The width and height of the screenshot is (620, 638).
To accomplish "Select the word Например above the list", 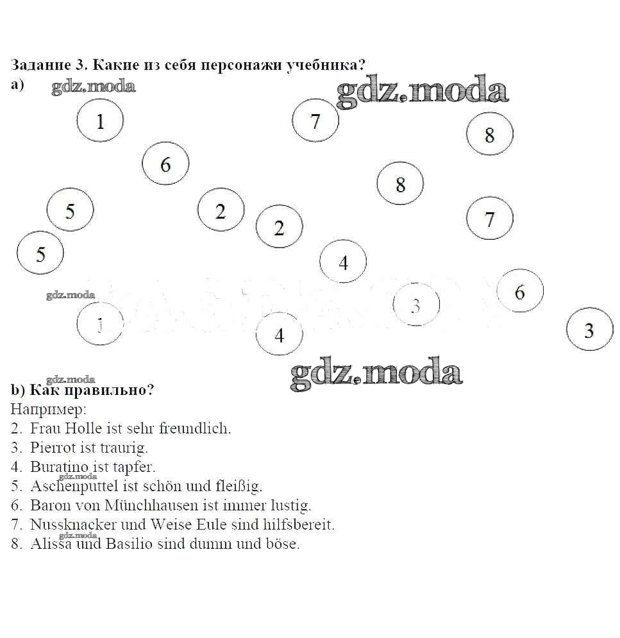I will pos(47,408).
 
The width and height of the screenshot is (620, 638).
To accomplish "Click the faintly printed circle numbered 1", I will pos(100,325).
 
